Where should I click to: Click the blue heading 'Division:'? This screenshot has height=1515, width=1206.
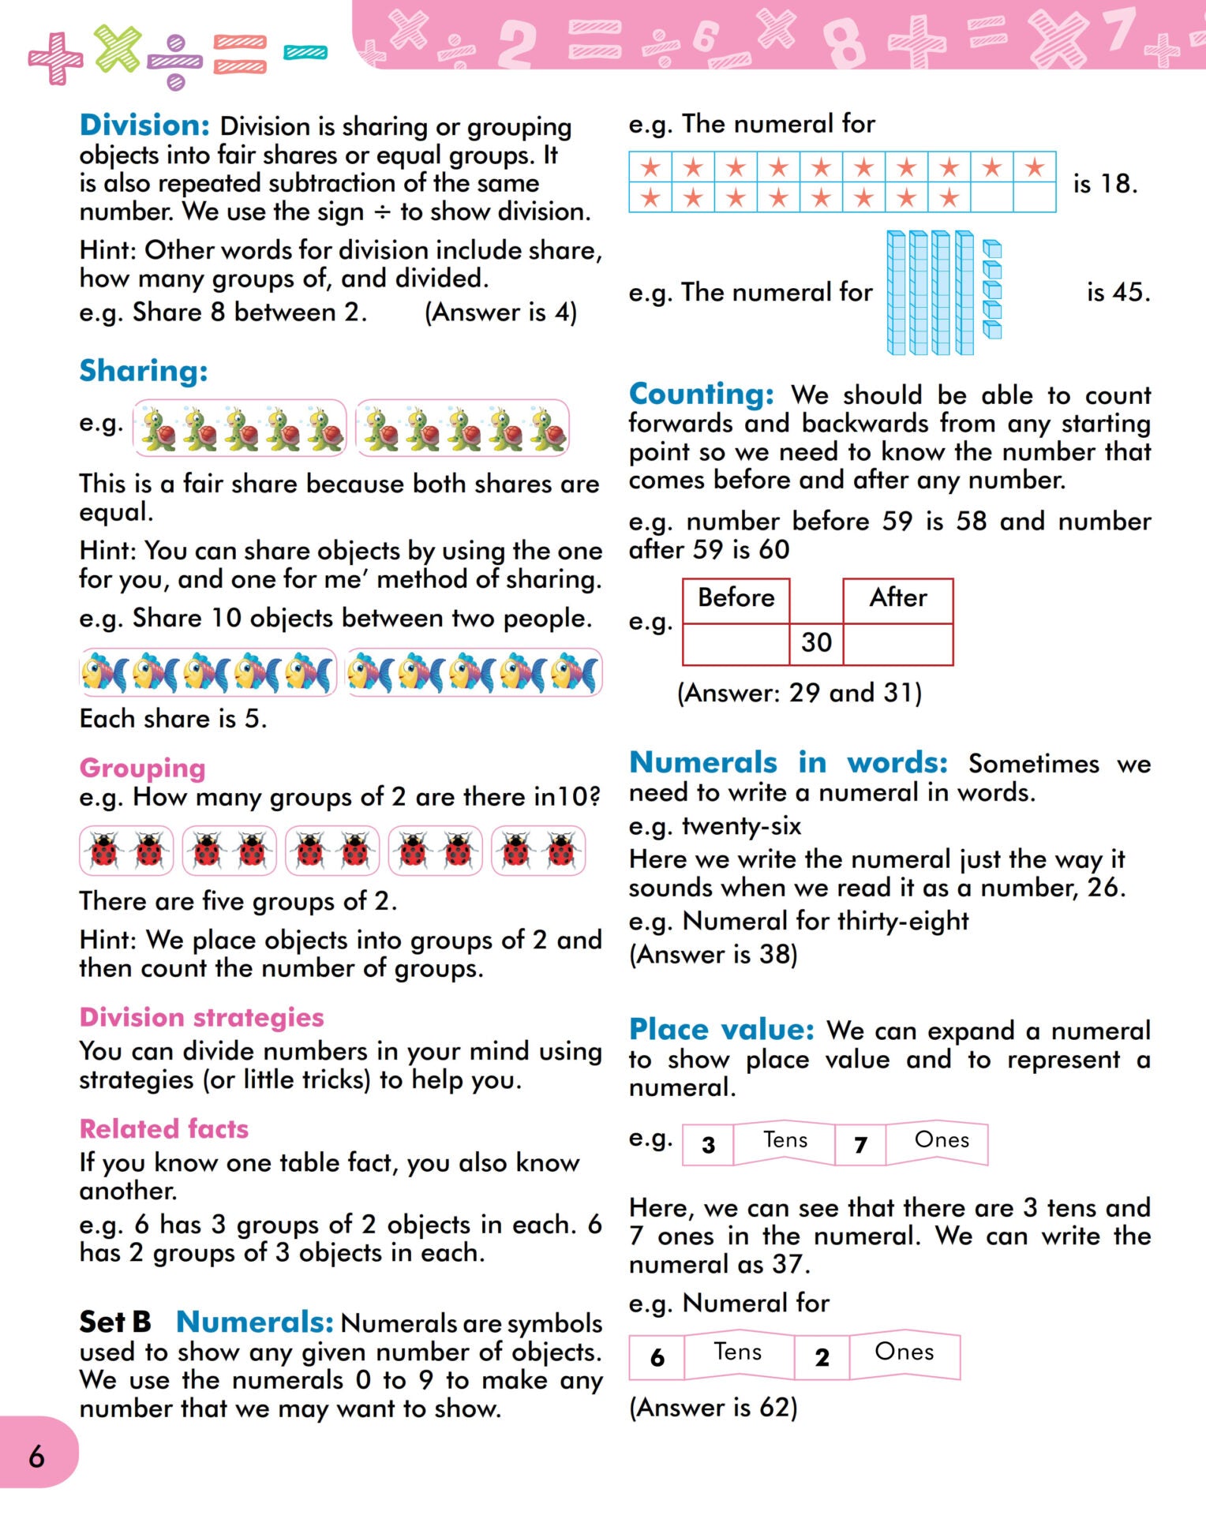[x=144, y=125]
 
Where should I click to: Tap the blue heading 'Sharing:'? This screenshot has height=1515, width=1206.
[x=143, y=371]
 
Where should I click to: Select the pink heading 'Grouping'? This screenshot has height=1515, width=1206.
[x=142, y=768]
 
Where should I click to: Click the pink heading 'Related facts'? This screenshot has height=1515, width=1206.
[x=163, y=1129]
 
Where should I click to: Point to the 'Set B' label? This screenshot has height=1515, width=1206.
[x=115, y=1322]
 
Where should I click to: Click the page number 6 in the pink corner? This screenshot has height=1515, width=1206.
[x=36, y=1457]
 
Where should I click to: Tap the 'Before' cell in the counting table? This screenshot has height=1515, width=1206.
[x=736, y=598]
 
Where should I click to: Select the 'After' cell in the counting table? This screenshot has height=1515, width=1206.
[x=898, y=598]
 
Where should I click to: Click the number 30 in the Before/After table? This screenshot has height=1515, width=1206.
[x=816, y=643]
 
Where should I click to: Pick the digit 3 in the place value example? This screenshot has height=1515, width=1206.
[x=708, y=1145]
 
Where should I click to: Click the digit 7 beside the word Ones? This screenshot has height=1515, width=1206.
[x=860, y=1145]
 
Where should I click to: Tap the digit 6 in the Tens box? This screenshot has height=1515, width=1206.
[x=657, y=1357]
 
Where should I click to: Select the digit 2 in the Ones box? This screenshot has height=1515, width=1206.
[x=822, y=1357]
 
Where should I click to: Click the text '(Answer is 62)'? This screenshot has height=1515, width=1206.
[x=713, y=1408]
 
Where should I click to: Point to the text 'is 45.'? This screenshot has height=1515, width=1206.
[x=1118, y=293]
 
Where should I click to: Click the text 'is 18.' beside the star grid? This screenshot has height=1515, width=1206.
[x=1105, y=184]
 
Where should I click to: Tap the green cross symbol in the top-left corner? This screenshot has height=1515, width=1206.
[x=118, y=47]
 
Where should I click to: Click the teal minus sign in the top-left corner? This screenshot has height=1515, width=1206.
[x=305, y=53]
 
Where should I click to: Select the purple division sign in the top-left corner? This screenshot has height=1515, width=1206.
[x=175, y=62]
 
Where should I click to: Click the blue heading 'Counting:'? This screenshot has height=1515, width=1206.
[x=701, y=394]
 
